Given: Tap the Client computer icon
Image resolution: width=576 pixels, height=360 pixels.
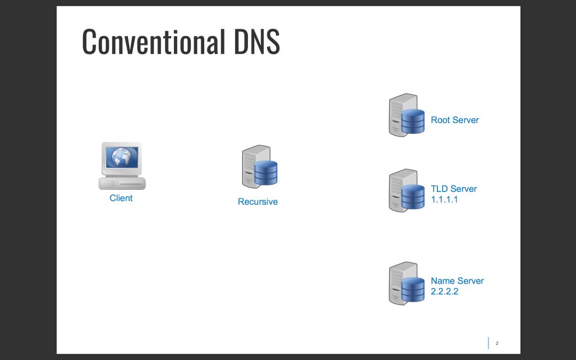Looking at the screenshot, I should click(x=122, y=166).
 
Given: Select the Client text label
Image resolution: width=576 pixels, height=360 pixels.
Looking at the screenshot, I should click(x=121, y=198).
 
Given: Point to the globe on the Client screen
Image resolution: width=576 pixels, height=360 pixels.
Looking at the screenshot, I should click(x=122, y=157).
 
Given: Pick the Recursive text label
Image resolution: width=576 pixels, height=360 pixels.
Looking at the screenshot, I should click(x=258, y=202).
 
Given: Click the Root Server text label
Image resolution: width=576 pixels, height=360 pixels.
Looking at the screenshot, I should click(x=454, y=120).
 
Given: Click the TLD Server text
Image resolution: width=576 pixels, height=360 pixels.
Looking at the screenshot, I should click(x=454, y=189).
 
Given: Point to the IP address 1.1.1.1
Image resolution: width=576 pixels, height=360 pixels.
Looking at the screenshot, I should click(x=445, y=199).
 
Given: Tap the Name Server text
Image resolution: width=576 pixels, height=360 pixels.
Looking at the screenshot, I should click(x=457, y=281).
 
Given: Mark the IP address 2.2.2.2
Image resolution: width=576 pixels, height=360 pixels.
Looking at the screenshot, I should click(x=445, y=292).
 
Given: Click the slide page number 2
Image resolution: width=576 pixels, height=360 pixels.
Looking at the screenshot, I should click(x=497, y=343).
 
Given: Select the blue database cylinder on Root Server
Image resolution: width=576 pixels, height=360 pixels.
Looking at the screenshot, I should click(x=413, y=121).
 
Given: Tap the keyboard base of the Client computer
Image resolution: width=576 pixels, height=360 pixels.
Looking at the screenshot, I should click(x=122, y=183).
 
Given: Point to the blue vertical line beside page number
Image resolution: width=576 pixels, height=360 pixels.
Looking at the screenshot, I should click(x=488, y=343).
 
